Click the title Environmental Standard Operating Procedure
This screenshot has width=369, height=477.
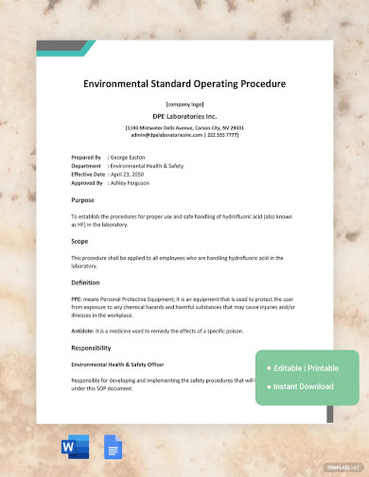(184, 84)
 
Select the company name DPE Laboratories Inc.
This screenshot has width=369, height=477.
(184, 115)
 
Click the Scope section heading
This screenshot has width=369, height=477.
(81, 241)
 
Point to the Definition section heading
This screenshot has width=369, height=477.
(88, 281)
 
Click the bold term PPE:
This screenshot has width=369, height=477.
(78, 298)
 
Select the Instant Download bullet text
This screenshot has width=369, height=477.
(303, 385)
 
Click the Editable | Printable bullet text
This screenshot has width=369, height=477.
(306, 367)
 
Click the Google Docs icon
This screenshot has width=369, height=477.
(113, 448)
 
